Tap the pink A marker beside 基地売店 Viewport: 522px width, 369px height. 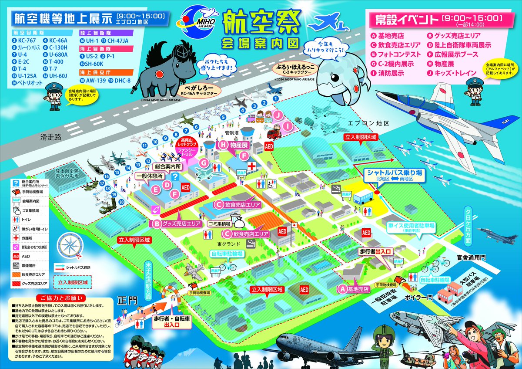click(342, 288)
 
